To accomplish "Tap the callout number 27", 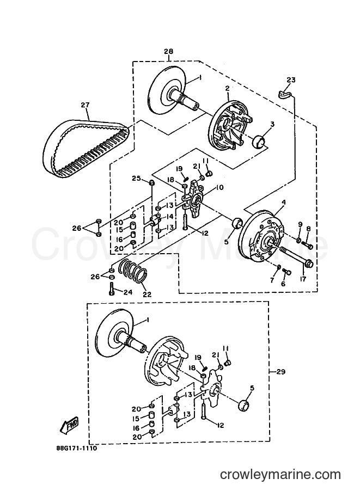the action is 85,105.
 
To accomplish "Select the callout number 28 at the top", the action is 169,51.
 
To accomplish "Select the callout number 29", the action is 280,371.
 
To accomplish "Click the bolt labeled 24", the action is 111,289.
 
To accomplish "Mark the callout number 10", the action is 219,188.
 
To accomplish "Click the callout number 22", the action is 147,294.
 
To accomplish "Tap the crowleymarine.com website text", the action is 280,475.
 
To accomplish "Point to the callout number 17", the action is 303,280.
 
